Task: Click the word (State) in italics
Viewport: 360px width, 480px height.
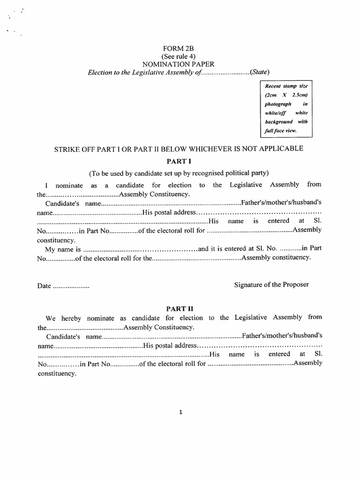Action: (260, 72)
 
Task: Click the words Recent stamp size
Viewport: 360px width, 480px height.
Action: (285, 86)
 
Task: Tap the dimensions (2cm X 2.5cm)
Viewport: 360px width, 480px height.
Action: (285, 95)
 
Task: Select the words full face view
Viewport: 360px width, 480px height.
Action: (281, 131)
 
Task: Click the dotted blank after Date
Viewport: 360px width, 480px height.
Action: (70, 285)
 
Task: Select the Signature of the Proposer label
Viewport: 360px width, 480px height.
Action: (271, 285)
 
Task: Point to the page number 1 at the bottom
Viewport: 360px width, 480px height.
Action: (180, 412)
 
